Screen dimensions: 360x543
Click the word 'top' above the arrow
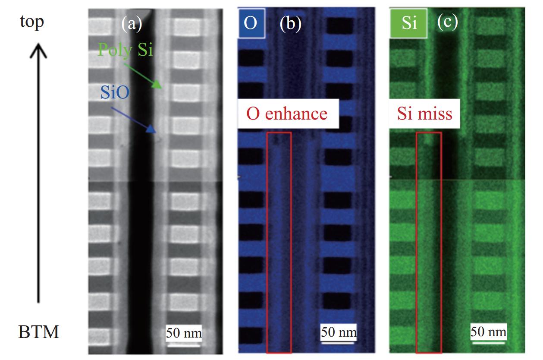(32, 21)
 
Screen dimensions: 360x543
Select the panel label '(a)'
(131, 24)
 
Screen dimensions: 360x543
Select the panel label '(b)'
(290, 24)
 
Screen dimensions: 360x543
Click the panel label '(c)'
(447, 23)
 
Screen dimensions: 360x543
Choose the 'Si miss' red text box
(424, 114)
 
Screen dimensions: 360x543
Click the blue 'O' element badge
(251, 23)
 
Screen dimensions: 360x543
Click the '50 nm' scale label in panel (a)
(184, 333)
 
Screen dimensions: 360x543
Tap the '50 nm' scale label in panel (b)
(339, 332)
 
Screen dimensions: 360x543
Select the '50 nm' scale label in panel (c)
(488, 332)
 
